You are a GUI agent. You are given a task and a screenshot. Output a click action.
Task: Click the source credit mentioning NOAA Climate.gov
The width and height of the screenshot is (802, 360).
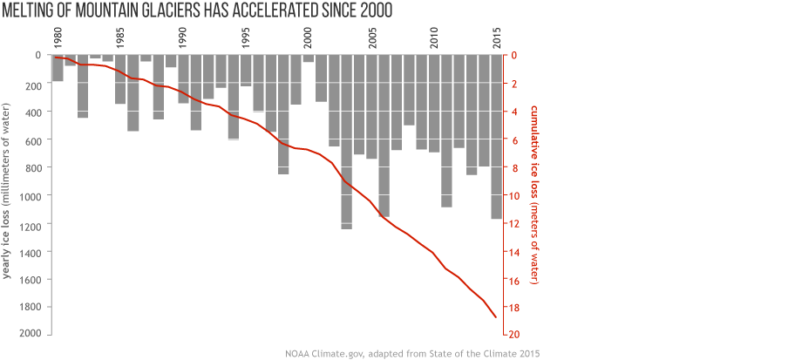coord(412,353)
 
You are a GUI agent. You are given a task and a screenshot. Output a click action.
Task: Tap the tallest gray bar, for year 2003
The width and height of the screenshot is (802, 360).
coord(346,141)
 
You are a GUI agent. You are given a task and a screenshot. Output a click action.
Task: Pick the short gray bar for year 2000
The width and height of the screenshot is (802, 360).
coord(309,58)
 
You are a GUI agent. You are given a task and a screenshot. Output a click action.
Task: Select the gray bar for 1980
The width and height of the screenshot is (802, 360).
coord(58,68)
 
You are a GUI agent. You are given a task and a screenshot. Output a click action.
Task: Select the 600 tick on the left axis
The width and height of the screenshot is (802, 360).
coord(36,139)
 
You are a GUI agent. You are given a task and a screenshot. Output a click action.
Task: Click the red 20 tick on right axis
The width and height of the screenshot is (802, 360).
coord(514,335)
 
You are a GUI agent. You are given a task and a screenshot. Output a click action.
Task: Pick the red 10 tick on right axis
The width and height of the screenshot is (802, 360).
coord(514,195)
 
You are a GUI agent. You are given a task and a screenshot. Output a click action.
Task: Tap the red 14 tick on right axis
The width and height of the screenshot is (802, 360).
coord(514,251)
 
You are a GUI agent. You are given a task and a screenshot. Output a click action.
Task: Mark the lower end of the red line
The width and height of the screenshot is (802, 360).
coord(496,317)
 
